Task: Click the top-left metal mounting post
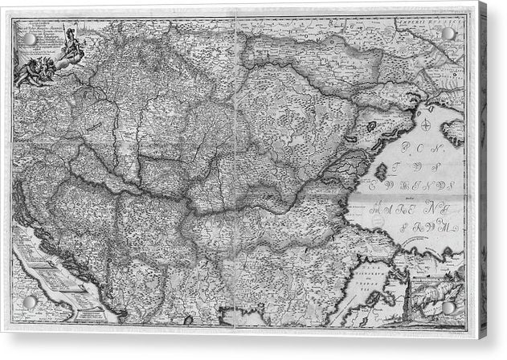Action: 30,39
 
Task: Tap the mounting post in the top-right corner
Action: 448,34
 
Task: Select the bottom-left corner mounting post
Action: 30,302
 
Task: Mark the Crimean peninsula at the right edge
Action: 452,130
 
